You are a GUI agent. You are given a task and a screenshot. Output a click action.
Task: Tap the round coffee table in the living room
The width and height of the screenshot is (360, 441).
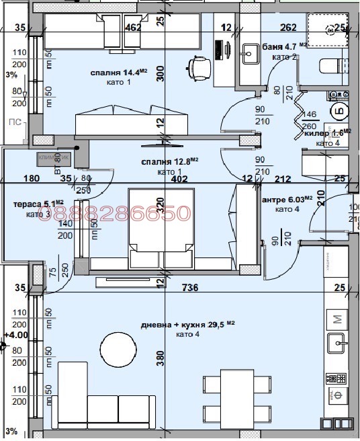point(119,348)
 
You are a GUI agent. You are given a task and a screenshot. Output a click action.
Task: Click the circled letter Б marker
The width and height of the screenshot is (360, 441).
point(336,112)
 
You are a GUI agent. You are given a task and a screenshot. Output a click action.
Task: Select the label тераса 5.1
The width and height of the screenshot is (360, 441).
point(38,204)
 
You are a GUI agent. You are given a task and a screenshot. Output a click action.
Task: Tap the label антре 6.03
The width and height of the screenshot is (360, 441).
point(286,199)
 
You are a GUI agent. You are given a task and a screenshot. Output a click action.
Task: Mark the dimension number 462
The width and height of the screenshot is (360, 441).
point(133,28)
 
